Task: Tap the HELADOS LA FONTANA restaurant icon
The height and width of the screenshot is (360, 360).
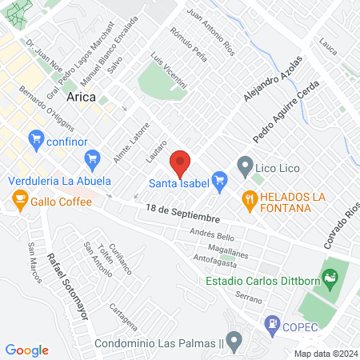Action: click(250, 202)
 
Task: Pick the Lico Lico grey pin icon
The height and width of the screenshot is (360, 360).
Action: click(245, 169)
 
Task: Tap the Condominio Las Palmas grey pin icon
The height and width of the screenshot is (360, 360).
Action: click(234, 343)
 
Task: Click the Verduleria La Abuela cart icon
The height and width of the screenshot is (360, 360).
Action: click(92, 158)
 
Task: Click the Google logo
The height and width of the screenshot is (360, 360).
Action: click(26, 350)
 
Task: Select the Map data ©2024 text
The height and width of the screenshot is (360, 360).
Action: click(325, 354)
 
